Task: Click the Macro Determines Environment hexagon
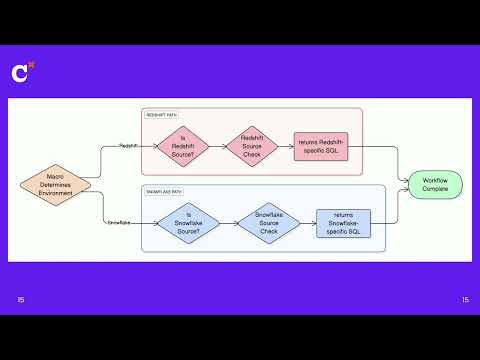(56, 183)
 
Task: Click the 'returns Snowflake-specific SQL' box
(343, 223)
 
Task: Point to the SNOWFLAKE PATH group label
(165, 190)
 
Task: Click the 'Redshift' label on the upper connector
(129, 146)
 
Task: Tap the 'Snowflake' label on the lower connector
(120, 222)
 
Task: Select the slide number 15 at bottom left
(22, 300)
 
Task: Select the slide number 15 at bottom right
(465, 300)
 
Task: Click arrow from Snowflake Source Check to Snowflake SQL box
(307, 222)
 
